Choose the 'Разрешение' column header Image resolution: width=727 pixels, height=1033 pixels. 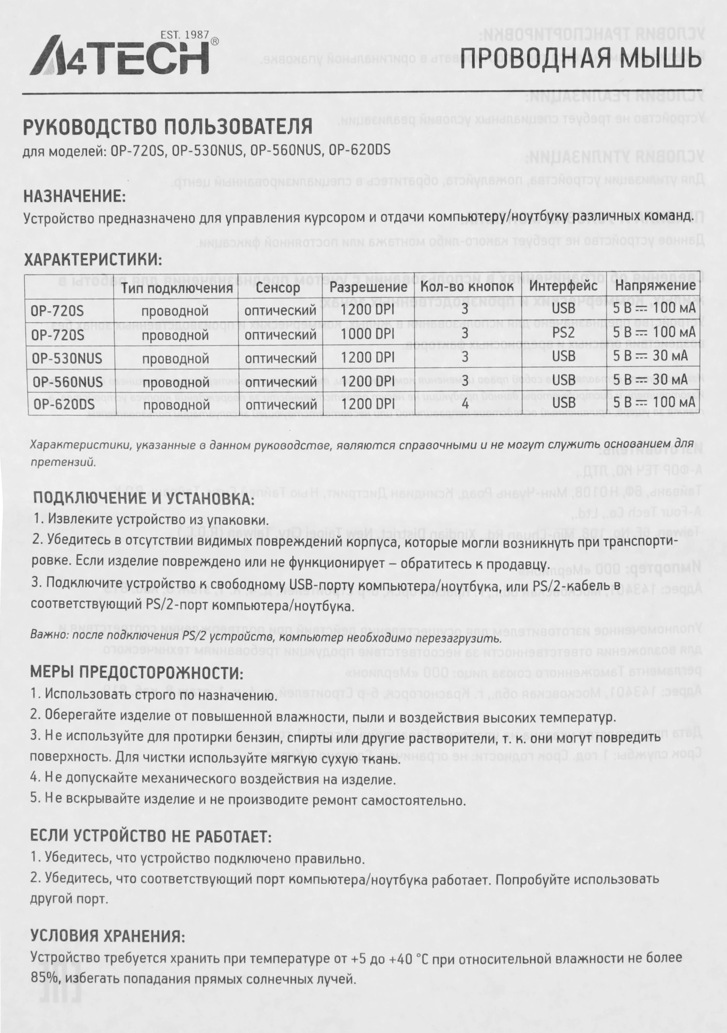pos(368,287)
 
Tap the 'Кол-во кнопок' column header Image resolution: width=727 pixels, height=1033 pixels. pos(467,287)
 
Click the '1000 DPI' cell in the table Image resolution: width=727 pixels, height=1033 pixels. pos(368,334)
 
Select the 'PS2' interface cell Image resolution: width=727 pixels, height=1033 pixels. pos(563,333)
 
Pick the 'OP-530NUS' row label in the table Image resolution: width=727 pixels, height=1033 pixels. pos(67,357)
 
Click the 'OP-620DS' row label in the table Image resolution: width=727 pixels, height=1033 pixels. pos(63,404)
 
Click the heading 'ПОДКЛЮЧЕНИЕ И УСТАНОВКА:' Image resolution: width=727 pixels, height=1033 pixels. pos(144,499)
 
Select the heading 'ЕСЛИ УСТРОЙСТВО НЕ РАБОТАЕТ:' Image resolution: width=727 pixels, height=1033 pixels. pos(150,836)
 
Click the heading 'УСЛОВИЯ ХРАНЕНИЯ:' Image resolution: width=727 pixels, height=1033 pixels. pos(107,935)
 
